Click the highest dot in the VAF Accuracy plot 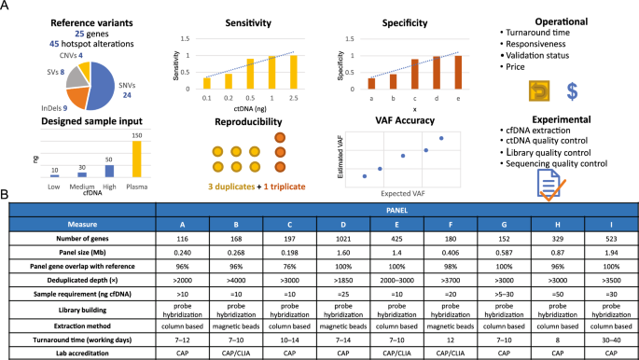tap(441, 138)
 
